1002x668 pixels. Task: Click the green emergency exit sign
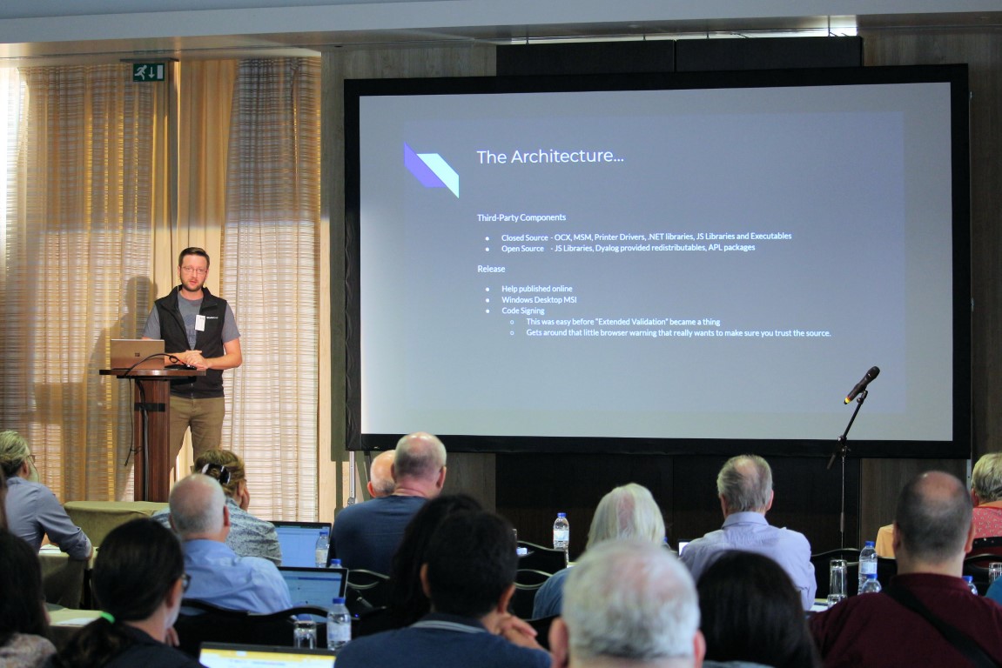pos(149,72)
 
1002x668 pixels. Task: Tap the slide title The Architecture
pos(549,157)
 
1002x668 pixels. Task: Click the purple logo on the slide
pos(431,169)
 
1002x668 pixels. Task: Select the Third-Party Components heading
pos(521,217)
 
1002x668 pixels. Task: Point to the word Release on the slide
pos(491,269)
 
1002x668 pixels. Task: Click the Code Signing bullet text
pos(522,311)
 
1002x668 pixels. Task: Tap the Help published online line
pos(536,289)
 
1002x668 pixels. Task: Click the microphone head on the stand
pos(862,384)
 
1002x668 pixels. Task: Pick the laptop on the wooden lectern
pos(137,353)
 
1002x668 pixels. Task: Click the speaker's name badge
pos(199,322)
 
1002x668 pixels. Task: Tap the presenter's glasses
pos(193,270)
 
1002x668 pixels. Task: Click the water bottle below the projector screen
pos(561,531)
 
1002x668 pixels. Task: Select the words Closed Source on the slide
pos(524,237)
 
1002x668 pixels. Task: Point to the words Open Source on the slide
pos(522,248)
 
